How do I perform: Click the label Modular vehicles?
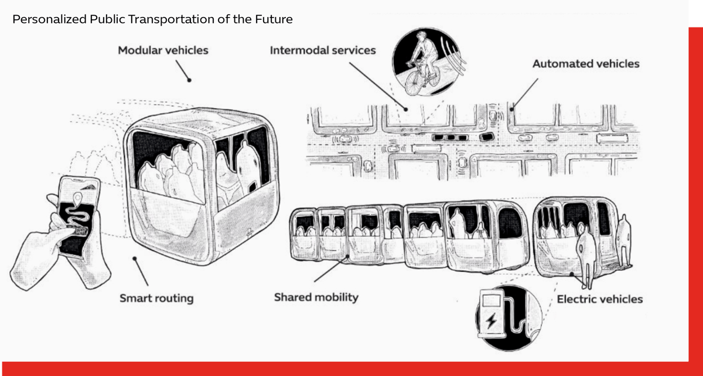[163, 50]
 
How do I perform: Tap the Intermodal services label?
[323, 50]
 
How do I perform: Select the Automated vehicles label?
[586, 64]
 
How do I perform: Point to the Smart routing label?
[156, 298]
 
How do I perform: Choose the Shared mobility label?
[316, 297]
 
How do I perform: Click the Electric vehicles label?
[599, 299]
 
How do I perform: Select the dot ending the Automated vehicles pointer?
[511, 108]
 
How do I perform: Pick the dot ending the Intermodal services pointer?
[407, 108]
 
